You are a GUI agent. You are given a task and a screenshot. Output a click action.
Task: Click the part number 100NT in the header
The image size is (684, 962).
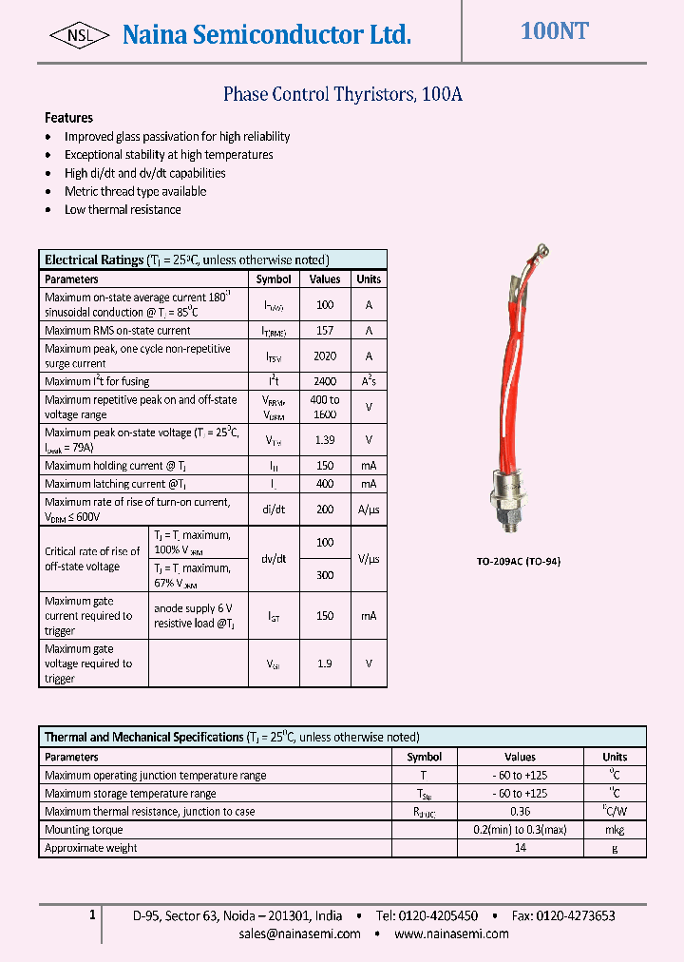click(554, 31)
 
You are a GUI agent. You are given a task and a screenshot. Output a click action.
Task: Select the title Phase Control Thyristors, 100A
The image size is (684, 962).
click(342, 94)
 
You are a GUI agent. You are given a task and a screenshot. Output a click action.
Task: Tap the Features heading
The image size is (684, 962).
click(68, 118)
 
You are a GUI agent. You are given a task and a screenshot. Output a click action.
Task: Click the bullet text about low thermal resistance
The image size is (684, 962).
click(123, 209)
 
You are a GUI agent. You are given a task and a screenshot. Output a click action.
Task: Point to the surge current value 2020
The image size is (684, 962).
click(325, 356)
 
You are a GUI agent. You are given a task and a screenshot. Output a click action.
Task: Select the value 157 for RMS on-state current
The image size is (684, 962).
click(325, 331)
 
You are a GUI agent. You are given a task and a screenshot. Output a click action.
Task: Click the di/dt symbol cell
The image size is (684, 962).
click(274, 510)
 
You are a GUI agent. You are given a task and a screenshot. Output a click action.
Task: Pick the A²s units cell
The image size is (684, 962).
click(369, 381)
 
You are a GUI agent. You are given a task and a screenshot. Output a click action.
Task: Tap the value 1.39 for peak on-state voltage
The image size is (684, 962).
click(325, 440)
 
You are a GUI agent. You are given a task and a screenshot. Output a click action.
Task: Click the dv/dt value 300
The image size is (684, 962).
click(325, 575)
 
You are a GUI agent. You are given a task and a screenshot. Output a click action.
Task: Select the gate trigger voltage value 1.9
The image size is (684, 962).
click(325, 664)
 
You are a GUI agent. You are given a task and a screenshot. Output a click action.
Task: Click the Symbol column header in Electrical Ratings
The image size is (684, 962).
click(274, 279)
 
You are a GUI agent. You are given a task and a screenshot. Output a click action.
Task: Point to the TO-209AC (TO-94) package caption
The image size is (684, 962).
click(518, 561)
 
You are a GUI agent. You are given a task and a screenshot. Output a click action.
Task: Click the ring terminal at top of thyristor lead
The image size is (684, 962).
click(543, 252)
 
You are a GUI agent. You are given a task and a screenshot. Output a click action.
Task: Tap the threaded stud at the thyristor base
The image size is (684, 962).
click(511, 520)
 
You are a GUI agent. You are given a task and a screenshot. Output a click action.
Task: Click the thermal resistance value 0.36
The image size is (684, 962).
click(520, 812)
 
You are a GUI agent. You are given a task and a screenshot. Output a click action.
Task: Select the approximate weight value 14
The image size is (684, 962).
click(520, 848)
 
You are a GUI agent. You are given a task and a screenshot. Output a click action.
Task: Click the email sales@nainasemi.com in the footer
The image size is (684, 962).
click(300, 933)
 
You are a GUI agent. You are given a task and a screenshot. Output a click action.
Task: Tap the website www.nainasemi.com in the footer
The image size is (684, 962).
click(451, 933)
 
